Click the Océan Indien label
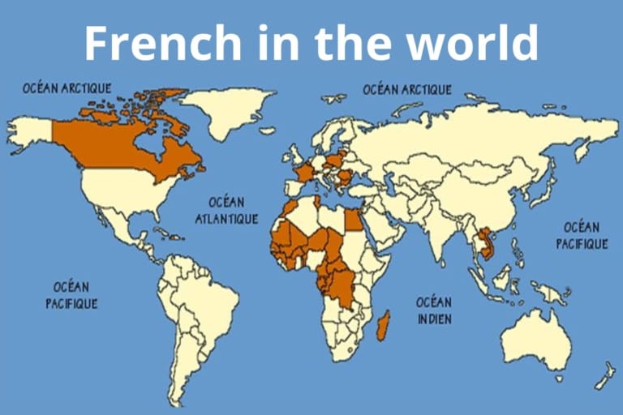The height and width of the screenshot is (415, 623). [434, 310]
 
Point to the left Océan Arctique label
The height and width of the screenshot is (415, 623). [67, 88]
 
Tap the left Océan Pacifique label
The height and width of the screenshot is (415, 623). [71, 295]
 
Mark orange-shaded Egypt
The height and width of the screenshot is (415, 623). [354, 220]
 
